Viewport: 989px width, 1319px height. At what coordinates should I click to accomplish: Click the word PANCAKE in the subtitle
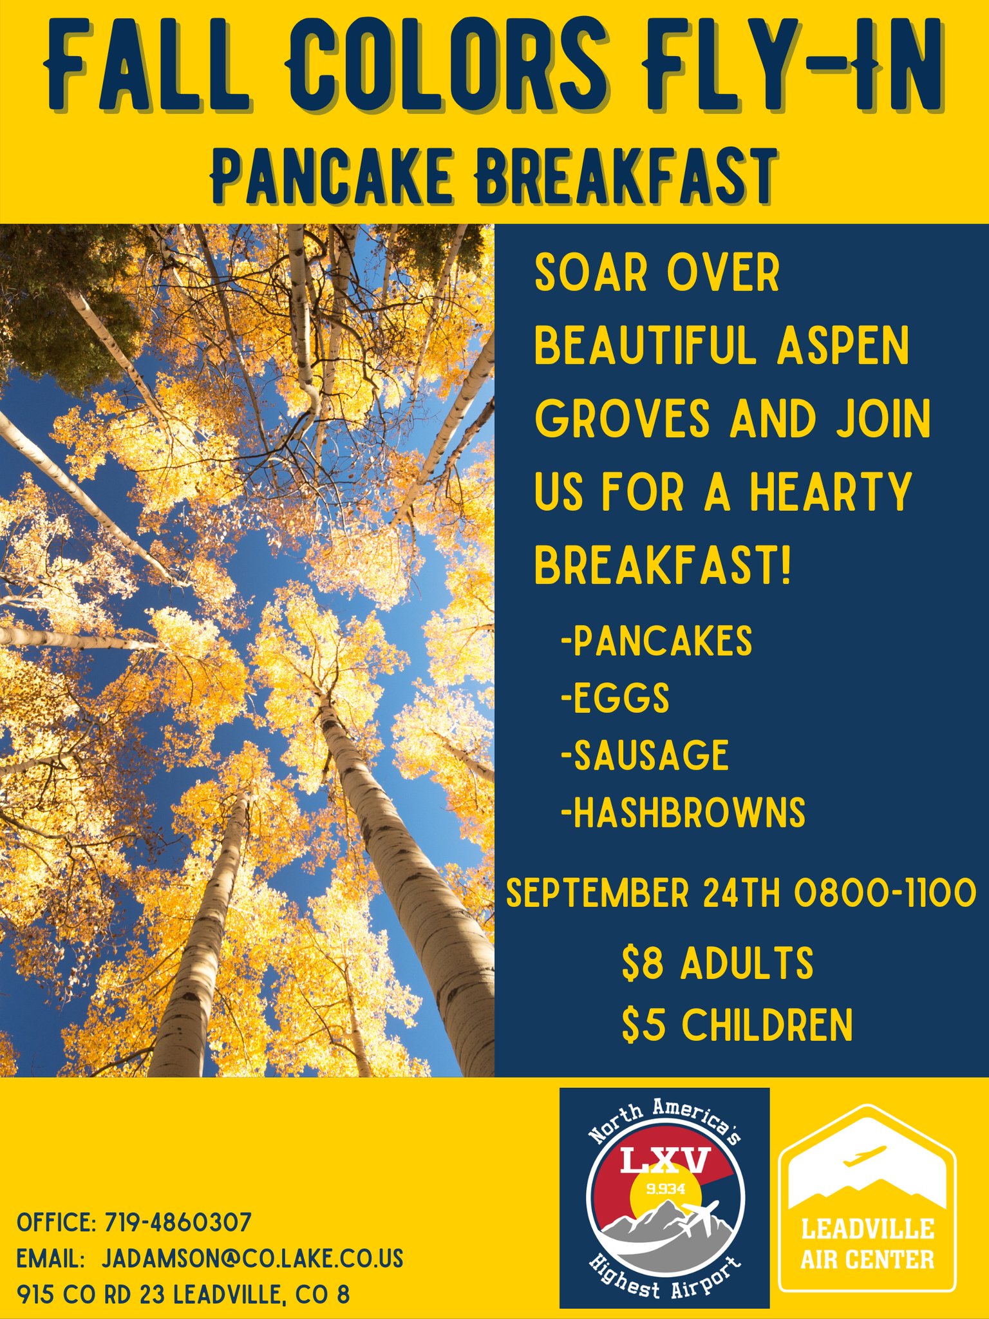pos(332,176)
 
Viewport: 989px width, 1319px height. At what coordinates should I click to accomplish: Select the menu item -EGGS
pos(615,698)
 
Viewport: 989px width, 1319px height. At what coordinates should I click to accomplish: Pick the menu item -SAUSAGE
pos(645,755)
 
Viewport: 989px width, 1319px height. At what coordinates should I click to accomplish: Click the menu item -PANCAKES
pos(656,641)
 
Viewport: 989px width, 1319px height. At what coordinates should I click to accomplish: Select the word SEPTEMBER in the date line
pos(597,893)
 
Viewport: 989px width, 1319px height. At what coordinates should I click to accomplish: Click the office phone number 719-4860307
pos(178,1222)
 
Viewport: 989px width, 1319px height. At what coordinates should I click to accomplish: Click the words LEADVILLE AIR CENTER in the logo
pos(867,1244)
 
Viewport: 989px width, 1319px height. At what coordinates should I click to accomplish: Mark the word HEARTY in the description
pos(830,492)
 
